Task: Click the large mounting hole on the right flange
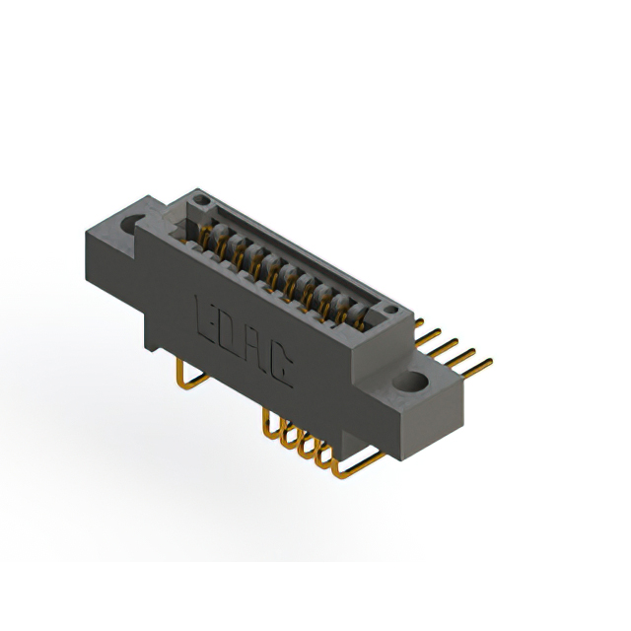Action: [x=410, y=381]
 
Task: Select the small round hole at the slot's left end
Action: [x=199, y=200]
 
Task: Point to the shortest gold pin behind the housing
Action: [x=419, y=322]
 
